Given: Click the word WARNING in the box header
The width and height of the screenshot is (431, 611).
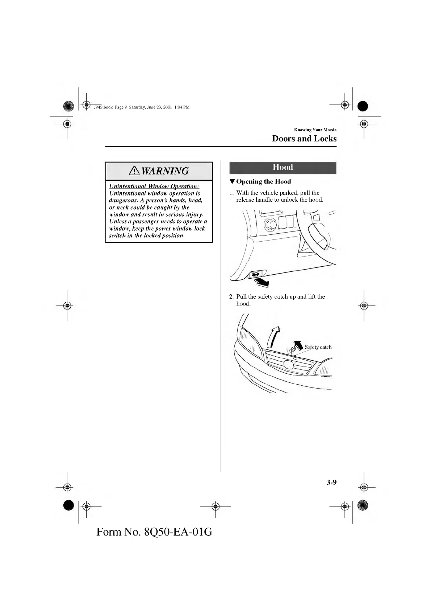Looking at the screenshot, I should pyautogui.click(x=165, y=171).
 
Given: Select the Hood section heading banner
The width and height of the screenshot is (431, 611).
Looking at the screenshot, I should pyautogui.click(x=283, y=168).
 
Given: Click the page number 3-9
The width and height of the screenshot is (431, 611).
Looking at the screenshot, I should pyautogui.click(x=331, y=482).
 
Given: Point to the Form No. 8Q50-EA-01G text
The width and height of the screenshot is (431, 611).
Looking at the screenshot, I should pyautogui.click(x=154, y=532).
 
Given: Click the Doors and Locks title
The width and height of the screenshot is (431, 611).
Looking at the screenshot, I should pyautogui.click(x=304, y=139).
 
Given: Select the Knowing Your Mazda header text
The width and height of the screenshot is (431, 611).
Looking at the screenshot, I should pyautogui.click(x=315, y=130).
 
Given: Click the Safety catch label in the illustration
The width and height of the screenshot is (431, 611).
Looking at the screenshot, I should pyautogui.click(x=318, y=347).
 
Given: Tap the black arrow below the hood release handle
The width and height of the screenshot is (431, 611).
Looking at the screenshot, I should pyautogui.click(x=261, y=282).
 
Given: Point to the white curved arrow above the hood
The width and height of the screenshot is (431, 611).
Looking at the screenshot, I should pyautogui.click(x=273, y=336).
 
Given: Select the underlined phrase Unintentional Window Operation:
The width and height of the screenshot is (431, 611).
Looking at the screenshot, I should pyautogui.click(x=154, y=186).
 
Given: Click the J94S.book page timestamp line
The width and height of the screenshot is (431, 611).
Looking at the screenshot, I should pyautogui.click(x=141, y=107).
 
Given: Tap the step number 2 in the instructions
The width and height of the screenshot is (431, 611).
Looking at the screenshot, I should pyautogui.click(x=231, y=297).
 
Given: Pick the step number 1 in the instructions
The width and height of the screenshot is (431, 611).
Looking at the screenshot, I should pyautogui.click(x=231, y=193).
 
